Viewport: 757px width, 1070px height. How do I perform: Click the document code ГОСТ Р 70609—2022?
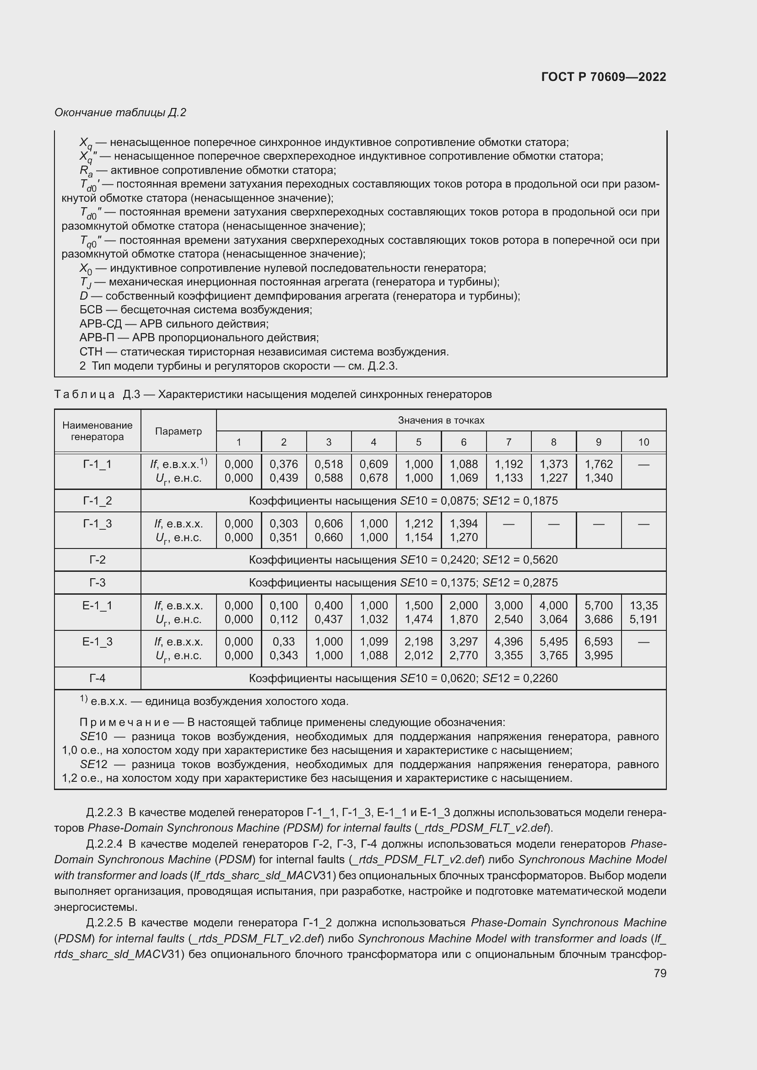603,77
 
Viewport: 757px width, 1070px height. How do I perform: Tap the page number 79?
660,973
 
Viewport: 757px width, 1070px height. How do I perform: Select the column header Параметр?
178,431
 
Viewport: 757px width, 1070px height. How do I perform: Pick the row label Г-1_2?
97,500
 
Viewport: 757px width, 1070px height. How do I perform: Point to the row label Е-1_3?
97,642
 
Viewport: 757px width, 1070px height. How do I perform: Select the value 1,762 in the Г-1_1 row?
599,464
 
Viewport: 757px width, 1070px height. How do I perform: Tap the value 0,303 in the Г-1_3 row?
283,523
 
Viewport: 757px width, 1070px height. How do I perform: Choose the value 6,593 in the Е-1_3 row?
599,642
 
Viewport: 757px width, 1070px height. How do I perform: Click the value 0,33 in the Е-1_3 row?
283,642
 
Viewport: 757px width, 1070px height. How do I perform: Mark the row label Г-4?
97,678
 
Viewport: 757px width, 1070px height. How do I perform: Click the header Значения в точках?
441,420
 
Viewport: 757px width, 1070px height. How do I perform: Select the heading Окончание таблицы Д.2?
120,113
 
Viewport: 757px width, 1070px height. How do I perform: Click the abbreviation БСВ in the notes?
91,310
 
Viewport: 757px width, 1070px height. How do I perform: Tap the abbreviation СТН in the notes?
91,352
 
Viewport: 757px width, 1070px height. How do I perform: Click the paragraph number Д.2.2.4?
104,844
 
